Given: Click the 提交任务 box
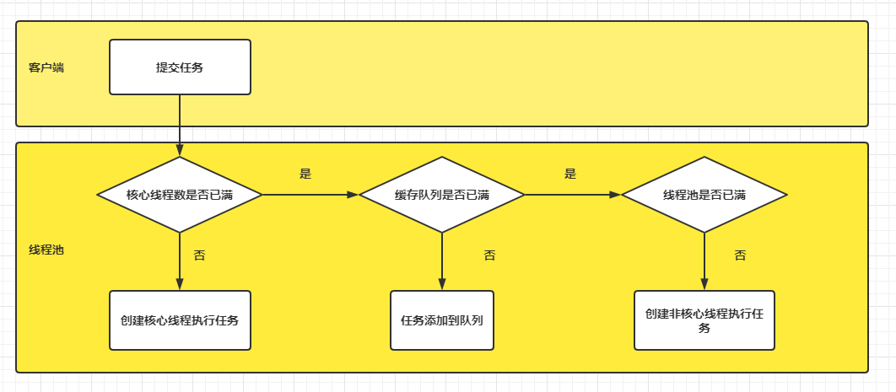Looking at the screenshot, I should [180, 67].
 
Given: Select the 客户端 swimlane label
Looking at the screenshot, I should [46, 67].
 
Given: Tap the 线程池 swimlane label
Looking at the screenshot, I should [46, 250].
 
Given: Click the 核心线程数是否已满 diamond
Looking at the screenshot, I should [180, 195].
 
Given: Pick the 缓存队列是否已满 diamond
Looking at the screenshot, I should [442, 195].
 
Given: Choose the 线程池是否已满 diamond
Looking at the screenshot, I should [704, 195].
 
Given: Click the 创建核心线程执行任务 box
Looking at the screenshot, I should [180, 320].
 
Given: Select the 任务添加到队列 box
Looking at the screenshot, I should [442, 320].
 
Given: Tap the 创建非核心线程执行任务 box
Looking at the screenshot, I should [704, 320].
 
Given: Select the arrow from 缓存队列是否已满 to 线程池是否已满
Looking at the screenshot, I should [573, 195].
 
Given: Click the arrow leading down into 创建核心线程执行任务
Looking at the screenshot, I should [180, 261].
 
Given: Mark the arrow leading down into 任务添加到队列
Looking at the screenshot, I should [442, 261].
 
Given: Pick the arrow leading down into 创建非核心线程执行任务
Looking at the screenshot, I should [704, 261].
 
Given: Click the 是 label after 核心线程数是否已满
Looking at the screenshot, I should [305, 174].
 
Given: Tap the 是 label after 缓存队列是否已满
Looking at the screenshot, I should [570, 174].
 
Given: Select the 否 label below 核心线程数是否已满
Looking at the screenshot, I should [199, 255].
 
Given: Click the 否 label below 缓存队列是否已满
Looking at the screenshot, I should [489, 255].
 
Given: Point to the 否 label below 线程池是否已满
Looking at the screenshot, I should [740, 255].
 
